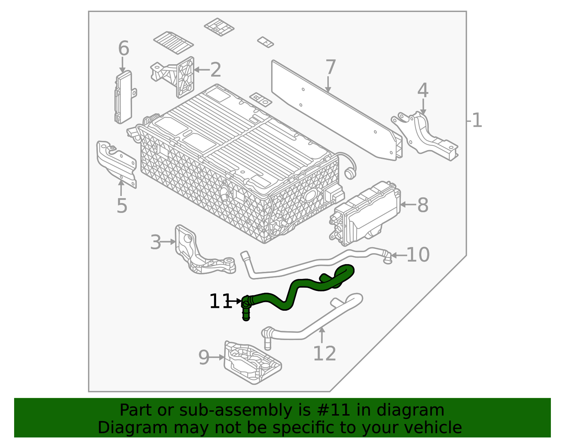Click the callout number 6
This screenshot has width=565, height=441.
(x=124, y=48)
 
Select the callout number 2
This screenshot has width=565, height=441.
(x=215, y=70)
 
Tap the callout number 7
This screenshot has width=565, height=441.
(x=331, y=67)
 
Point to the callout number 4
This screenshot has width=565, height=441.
(x=423, y=90)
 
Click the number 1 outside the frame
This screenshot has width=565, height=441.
(x=477, y=121)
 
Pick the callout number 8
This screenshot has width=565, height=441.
(x=423, y=205)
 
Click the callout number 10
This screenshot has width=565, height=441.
(x=418, y=255)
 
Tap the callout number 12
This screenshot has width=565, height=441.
(x=325, y=353)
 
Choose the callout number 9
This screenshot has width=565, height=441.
(x=204, y=358)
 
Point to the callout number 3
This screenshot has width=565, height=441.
(x=156, y=243)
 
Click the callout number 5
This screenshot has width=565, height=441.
(x=122, y=206)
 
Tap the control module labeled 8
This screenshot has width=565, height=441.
(x=367, y=214)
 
